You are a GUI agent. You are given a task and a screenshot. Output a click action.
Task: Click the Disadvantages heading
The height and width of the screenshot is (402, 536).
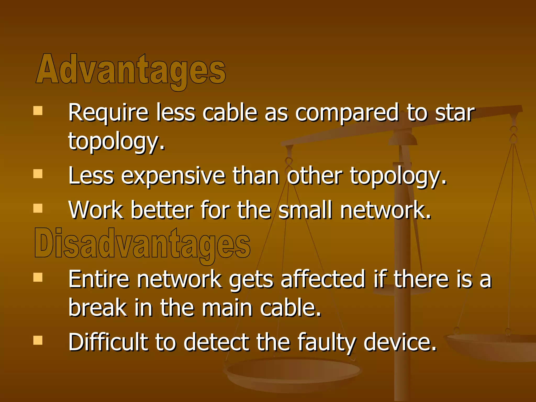click(142, 243)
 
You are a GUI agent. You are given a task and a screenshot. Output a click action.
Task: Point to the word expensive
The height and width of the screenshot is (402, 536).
click(173, 176)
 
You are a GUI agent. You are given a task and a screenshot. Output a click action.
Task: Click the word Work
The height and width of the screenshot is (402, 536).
click(96, 210)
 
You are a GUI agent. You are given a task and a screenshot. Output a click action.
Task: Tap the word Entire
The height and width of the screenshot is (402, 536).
click(99, 279)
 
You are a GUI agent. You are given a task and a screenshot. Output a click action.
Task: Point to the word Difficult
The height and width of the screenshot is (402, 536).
click(108, 342)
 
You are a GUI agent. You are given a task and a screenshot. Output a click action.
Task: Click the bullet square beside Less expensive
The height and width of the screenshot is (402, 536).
click(38, 174)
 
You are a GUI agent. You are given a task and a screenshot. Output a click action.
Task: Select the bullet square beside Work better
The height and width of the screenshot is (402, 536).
click(38, 208)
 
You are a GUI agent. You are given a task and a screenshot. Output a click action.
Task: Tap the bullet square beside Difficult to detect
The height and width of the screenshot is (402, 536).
click(38, 340)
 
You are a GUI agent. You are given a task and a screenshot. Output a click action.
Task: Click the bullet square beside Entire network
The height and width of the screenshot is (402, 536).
click(38, 277)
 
